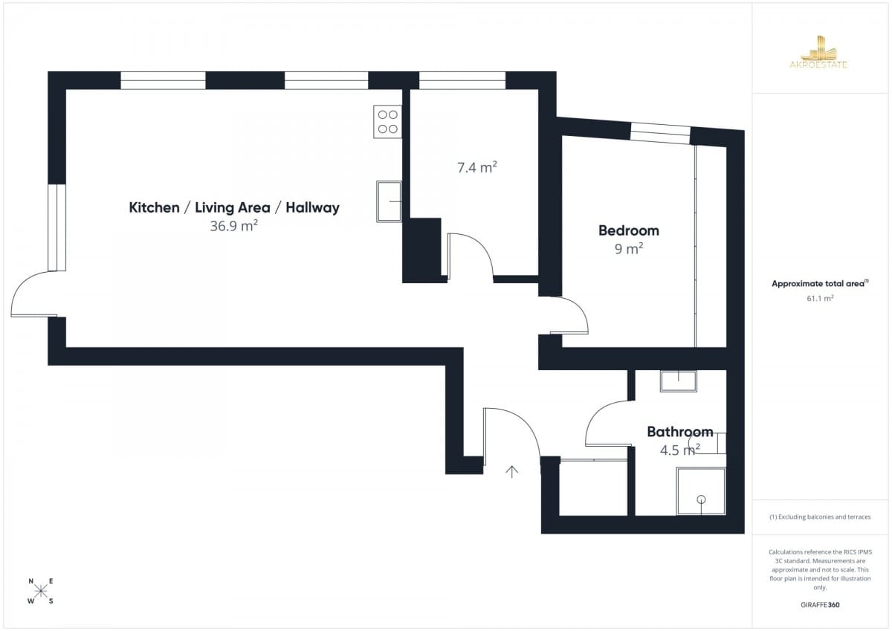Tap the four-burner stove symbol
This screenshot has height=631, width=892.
coord(387,122)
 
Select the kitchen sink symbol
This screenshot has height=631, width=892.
coord(389,201)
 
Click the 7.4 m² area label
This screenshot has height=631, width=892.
coord(476,167)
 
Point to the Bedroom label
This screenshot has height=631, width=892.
coord(629,230)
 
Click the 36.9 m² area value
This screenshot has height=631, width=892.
coord(233,226)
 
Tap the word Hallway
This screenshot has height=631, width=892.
coord(313,207)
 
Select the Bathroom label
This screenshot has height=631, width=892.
coord(679,432)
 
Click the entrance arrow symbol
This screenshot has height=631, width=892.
coord(511,471)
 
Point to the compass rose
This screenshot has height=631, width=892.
coord(41,591)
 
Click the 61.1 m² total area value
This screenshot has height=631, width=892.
coord(820,298)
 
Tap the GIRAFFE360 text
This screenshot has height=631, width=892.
coord(820,605)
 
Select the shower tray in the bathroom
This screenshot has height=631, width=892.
coord(701,491)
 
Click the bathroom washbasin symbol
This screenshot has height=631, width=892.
coord(679,381)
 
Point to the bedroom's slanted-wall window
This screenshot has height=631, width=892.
coord(660,133)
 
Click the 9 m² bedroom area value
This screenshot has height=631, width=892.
coord(629,249)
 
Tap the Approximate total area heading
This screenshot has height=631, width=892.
coord(820,283)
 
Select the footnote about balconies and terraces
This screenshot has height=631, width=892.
coord(820,517)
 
